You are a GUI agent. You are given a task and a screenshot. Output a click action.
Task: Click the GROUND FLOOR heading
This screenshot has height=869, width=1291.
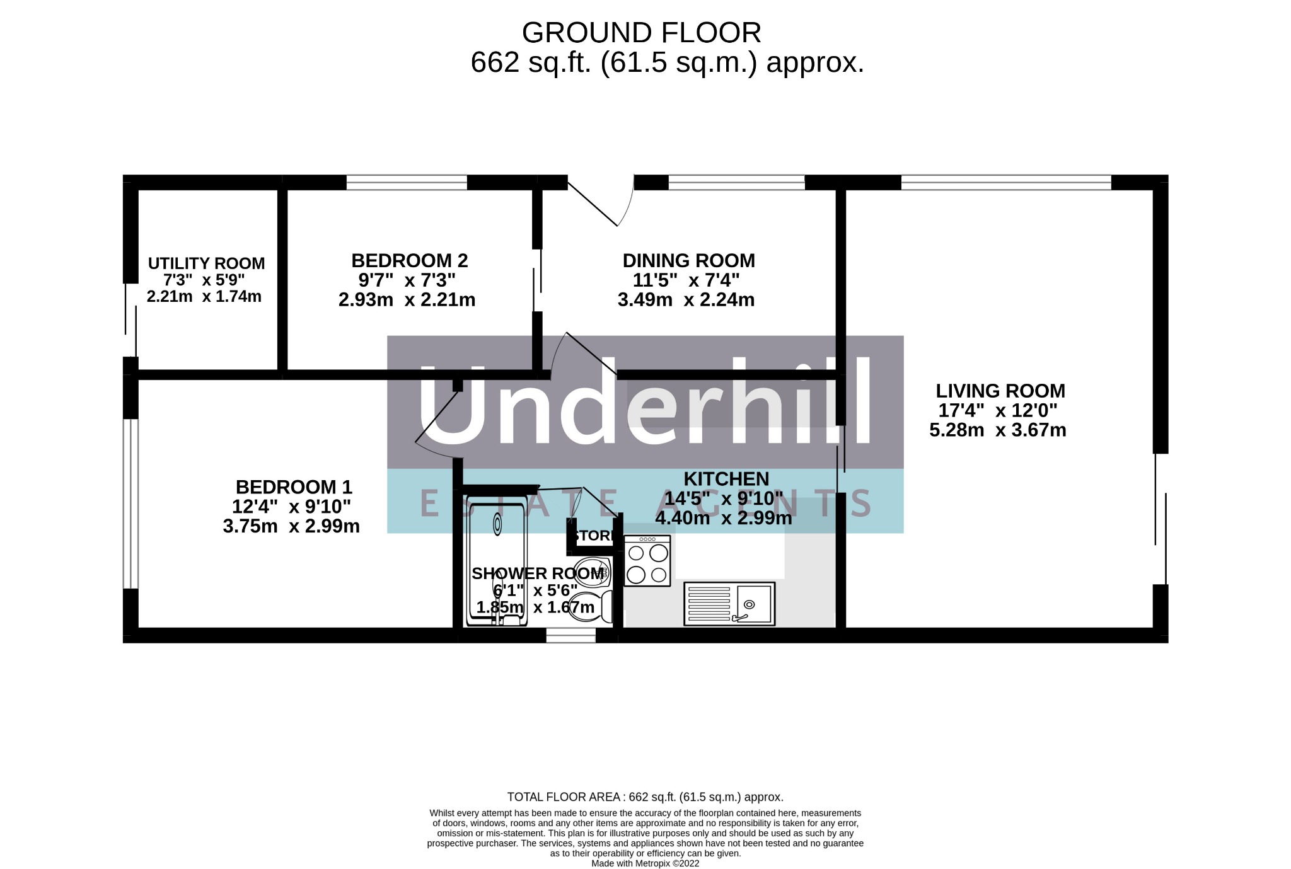(641, 33)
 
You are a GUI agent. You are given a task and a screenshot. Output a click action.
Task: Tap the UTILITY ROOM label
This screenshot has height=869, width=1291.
(206, 263)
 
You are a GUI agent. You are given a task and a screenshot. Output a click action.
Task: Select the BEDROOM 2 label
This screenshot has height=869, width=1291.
(409, 260)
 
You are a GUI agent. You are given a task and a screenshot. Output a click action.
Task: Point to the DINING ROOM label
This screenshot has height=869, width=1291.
(688, 260)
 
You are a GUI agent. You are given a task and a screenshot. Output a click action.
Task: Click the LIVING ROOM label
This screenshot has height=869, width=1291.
(1000, 391)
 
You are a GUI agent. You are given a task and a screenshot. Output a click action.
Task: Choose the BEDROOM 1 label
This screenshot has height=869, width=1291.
(294, 487)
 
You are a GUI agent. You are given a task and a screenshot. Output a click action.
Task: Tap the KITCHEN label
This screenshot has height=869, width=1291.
(726, 479)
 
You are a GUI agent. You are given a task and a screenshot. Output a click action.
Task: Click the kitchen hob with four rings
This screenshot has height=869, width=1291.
(647, 561)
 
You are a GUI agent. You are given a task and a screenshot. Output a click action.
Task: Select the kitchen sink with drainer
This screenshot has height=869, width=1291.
(729, 604)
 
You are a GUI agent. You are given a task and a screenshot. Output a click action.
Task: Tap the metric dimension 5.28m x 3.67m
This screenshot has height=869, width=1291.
(998, 430)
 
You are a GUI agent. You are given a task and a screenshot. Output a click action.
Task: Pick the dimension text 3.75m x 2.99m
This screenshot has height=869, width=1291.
(291, 526)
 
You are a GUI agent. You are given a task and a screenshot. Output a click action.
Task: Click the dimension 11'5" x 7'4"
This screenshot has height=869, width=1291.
(686, 279)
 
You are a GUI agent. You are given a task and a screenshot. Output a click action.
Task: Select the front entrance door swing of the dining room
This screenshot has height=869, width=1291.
(601, 202)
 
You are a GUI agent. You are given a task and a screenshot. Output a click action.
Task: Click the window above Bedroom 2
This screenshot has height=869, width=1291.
(407, 182)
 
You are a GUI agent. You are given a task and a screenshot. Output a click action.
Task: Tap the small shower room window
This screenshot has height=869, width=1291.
(570, 635)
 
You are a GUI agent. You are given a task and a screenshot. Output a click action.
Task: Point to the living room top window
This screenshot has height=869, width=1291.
(1006, 182)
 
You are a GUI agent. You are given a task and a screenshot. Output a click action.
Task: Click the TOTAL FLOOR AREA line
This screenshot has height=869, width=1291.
(645, 797)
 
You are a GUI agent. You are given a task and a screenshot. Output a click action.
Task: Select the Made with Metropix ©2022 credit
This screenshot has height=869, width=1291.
(645, 863)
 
